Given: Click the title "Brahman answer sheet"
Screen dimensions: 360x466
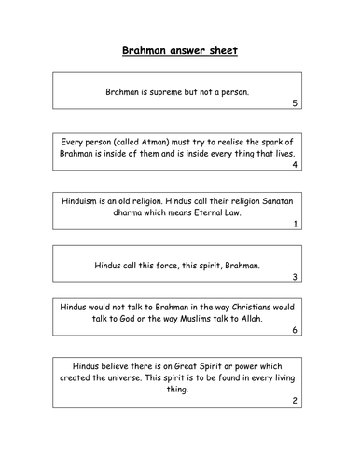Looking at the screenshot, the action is (x=180, y=51).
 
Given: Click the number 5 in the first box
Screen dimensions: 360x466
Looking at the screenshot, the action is (x=295, y=103).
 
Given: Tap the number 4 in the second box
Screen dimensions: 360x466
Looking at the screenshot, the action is (x=295, y=165).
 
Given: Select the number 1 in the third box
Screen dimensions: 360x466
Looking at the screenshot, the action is (x=295, y=224).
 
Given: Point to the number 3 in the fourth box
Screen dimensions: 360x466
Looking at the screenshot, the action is (x=295, y=277).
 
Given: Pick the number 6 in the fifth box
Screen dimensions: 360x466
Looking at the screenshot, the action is (x=295, y=330).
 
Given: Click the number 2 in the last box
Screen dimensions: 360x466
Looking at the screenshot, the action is (x=295, y=402).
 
